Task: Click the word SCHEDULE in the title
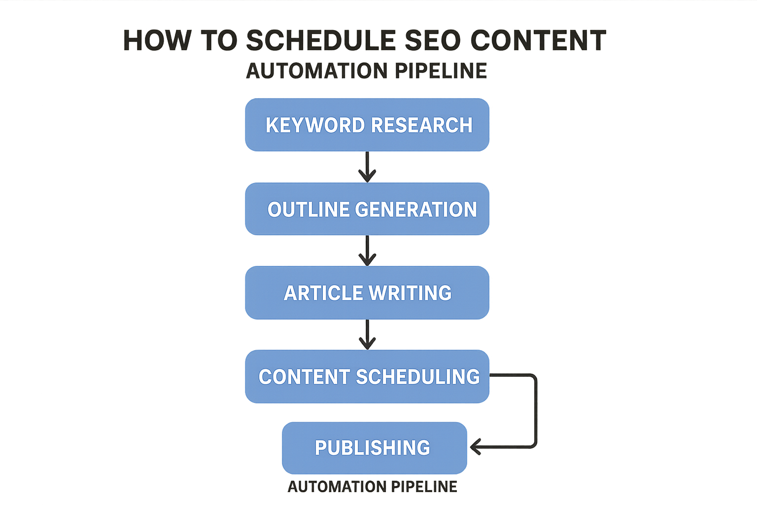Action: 321,40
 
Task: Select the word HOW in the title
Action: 157,40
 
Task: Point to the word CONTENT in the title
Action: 538,40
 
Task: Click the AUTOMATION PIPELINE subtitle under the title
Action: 367,71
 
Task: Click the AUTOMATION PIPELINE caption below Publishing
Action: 373,487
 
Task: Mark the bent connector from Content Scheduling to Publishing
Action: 536,409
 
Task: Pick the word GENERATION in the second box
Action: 416,210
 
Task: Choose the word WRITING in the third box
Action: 410,293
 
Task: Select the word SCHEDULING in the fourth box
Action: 418,377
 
